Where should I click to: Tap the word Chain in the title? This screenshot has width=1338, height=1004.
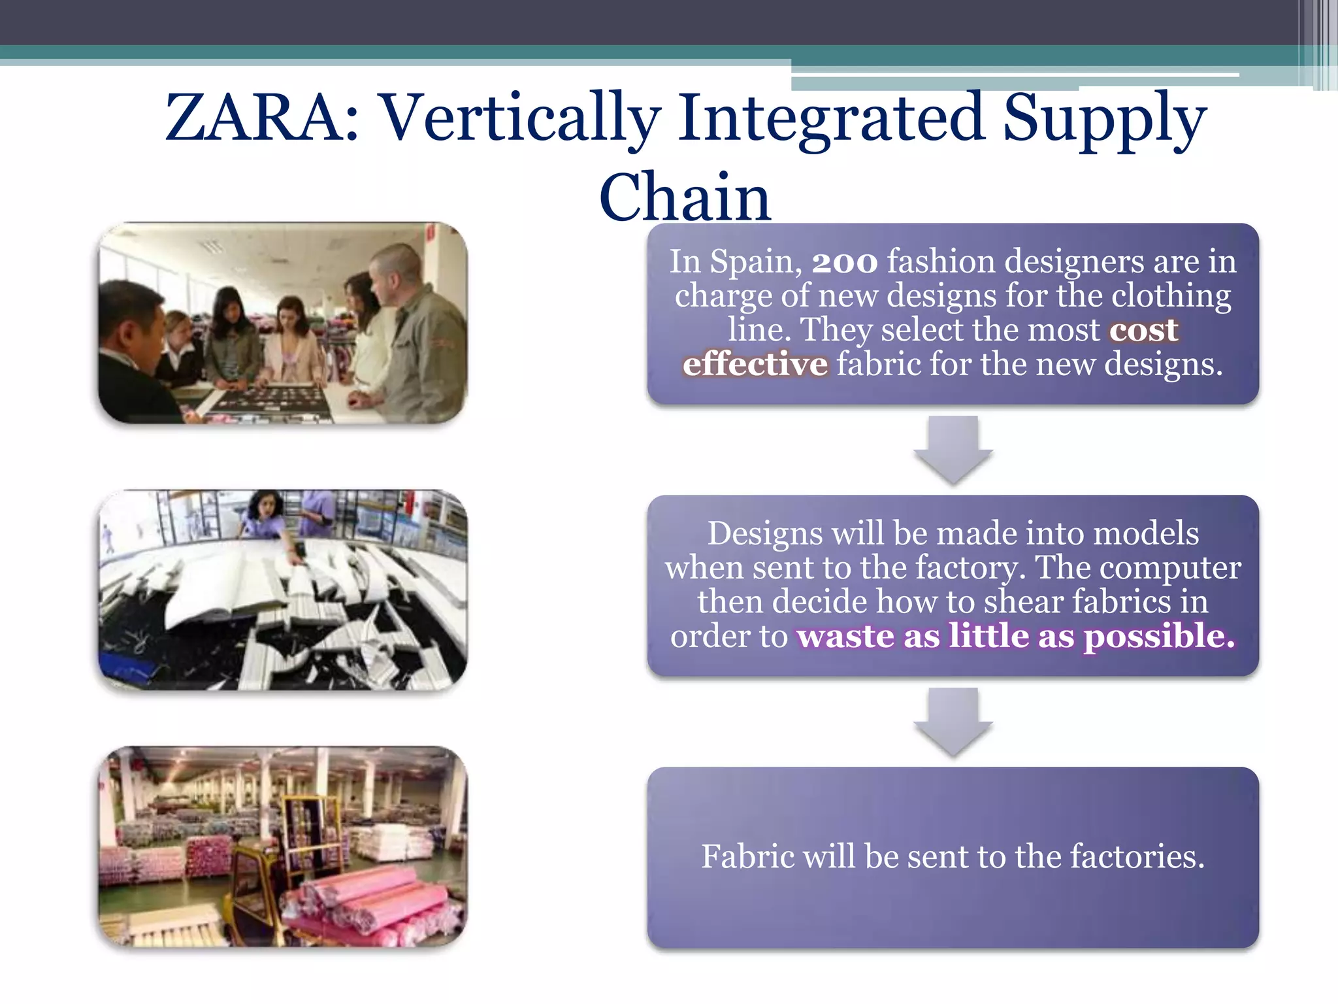(685, 197)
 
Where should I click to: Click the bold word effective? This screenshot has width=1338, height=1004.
(755, 364)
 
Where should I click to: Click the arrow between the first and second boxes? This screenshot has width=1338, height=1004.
(953, 450)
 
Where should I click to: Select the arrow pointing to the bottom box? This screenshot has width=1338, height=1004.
(953, 722)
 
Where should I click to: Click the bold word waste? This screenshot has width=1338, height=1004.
(845, 636)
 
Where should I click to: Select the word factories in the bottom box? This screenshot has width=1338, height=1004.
(1136, 856)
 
